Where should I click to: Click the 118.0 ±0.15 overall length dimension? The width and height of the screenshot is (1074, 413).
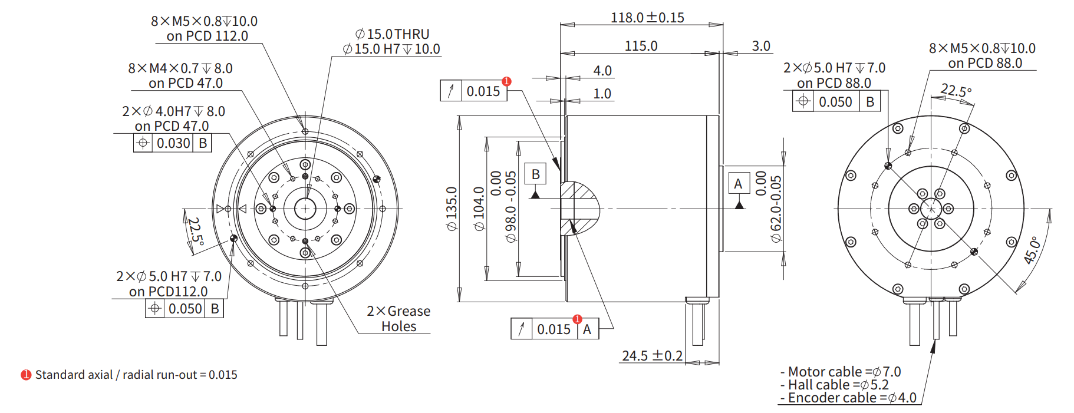[647, 18]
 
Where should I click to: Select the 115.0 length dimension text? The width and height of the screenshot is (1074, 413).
[641, 46]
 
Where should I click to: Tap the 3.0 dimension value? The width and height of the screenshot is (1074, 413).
[761, 46]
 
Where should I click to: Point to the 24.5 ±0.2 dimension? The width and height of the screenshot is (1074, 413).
[652, 356]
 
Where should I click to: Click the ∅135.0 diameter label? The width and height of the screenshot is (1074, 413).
[452, 209]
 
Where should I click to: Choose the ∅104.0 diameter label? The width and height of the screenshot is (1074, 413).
[479, 209]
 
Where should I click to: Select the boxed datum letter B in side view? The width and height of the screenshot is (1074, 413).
[535, 174]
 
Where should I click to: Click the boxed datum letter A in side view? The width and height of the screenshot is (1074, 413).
[738, 184]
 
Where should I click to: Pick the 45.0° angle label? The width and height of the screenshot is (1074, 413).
[1032, 250]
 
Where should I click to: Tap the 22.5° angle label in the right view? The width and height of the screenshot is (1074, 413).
[956, 91]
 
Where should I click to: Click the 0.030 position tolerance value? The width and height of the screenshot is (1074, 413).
[173, 143]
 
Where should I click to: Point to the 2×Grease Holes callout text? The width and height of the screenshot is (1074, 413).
[398, 319]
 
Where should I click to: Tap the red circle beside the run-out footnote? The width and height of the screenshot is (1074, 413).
[26, 375]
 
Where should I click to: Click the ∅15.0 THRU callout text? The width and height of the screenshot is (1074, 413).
[392, 34]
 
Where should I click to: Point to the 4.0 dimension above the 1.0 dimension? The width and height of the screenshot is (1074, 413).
[602, 71]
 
